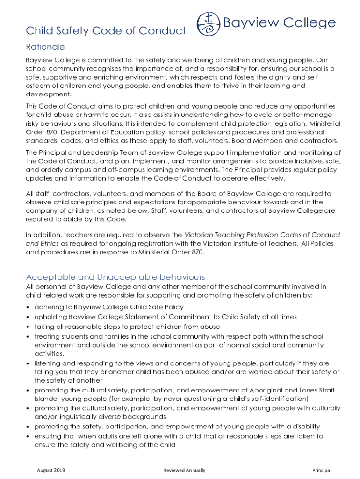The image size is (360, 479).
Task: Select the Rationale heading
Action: (45, 47)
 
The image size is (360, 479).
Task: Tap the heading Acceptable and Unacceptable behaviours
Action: (115, 277)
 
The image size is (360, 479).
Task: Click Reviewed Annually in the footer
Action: (184, 470)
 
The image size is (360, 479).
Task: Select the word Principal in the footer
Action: (322, 470)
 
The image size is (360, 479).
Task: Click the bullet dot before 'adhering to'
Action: (28, 307)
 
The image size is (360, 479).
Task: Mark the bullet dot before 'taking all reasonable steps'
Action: (28, 327)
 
